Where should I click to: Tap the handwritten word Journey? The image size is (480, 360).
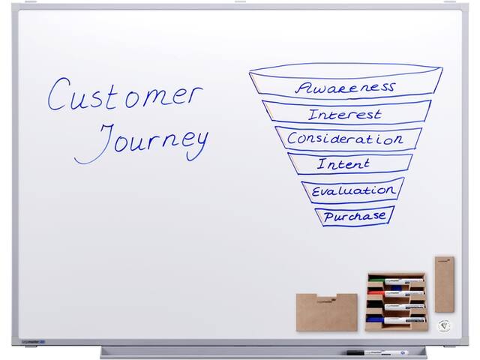click(x=142, y=142)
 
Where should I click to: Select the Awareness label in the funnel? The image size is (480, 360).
click(x=345, y=88)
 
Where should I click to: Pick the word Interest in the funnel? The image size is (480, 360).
click(x=345, y=115)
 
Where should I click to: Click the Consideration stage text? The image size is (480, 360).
click(x=345, y=139)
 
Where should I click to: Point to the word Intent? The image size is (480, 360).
click(x=343, y=163)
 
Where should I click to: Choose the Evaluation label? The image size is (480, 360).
click(x=353, y=191)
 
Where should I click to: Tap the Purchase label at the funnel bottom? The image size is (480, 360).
click(x=355, y=216)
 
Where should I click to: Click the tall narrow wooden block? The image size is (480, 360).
click(x=445, y=284)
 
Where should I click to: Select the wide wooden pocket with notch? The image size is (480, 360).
click(x=327, y=312)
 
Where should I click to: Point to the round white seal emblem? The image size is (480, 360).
click(x=444, y=325)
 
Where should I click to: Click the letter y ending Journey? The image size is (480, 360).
click(x=198, y=146)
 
